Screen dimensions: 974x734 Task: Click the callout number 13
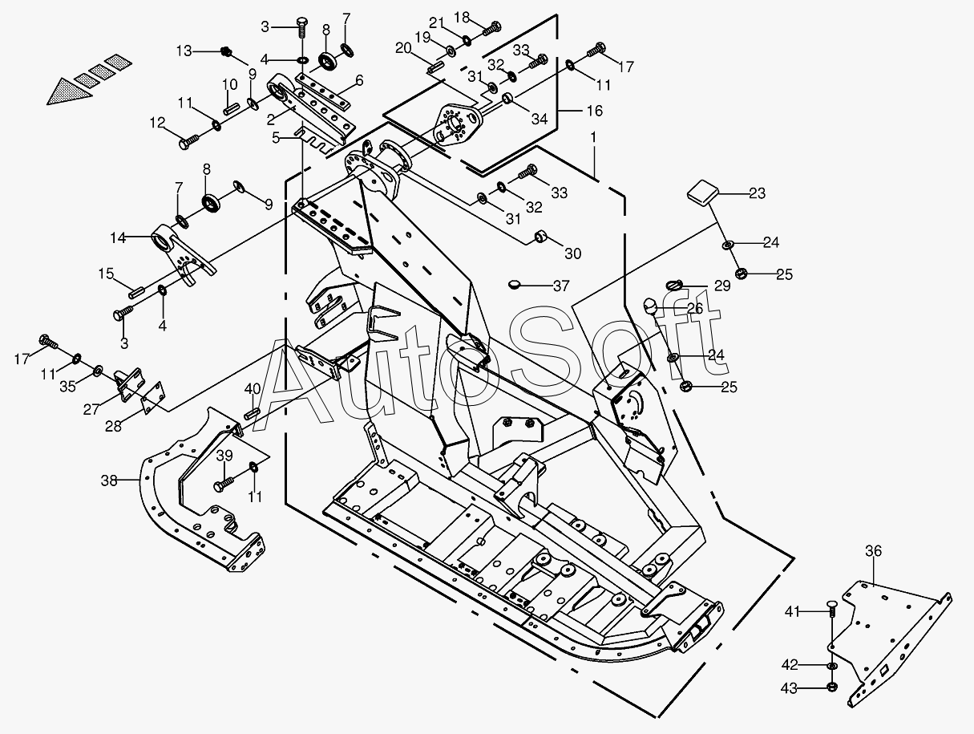(x=184, y=51)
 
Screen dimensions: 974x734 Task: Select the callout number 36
(x=873, y=551)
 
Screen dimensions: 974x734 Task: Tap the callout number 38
(x=109, y=480)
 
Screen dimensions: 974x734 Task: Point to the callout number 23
(x=757, y=193)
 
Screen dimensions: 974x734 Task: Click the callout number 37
(x=561, y=286)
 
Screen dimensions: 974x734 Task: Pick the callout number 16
(x=595, y=111)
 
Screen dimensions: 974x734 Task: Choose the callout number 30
(x=572, y=253)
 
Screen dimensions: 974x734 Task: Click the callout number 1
(x=593, y=137)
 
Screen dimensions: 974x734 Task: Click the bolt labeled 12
(x=188, y=142)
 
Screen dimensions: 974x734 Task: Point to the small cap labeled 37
(x=515, y=284)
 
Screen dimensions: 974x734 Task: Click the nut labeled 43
(x=832, y=687)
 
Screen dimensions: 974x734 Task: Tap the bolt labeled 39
(x=223, y=485)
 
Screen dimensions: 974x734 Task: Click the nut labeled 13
(x=227, y=51)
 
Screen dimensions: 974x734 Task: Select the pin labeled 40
(x=252, y=412)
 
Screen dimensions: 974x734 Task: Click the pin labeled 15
(x=137, y=292)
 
